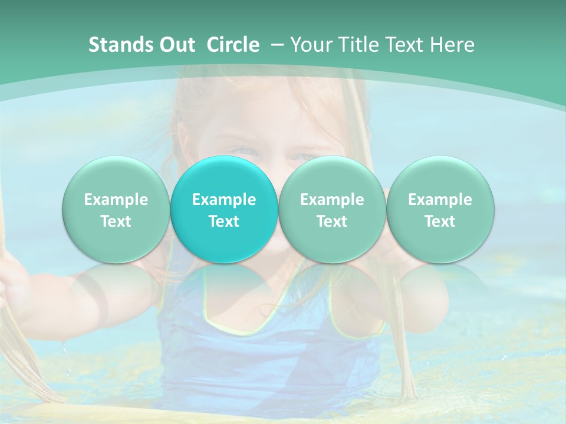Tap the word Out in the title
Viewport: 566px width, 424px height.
176,45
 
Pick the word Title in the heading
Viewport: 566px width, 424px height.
356,45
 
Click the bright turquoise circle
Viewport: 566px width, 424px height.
224,209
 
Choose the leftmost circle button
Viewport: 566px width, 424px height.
116,209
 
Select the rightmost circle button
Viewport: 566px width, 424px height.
440,209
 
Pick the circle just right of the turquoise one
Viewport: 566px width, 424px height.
332,209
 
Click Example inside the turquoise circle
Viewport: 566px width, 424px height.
224,200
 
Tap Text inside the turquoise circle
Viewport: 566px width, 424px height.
224,221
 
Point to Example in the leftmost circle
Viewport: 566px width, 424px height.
116,200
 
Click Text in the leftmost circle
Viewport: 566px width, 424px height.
116,221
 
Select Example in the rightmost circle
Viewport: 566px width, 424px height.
440,200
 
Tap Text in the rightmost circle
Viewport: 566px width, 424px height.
440,221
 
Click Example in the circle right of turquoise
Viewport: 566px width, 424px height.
332,200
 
